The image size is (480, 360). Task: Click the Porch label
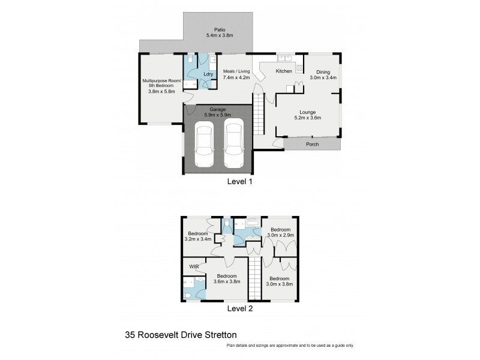[x=312, y=145]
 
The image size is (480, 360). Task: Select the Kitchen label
[x=284, y=71]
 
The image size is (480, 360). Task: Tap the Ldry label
[x=208, y=74]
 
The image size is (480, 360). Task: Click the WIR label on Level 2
[x=194, y=266]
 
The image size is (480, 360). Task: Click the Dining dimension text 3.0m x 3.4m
[x=323, y=77]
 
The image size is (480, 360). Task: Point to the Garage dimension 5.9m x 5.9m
[x=217, y=115]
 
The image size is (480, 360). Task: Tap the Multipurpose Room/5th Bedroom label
[x=158, y=86]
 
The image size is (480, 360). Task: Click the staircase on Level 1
[x=259, y=115]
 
